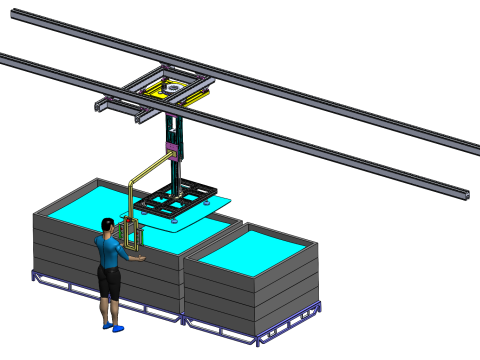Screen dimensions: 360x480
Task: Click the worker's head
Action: [x=107, y=226]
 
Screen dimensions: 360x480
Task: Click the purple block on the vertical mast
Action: [x=172, y=151]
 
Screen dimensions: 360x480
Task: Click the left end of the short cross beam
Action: [x=100, y=105]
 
